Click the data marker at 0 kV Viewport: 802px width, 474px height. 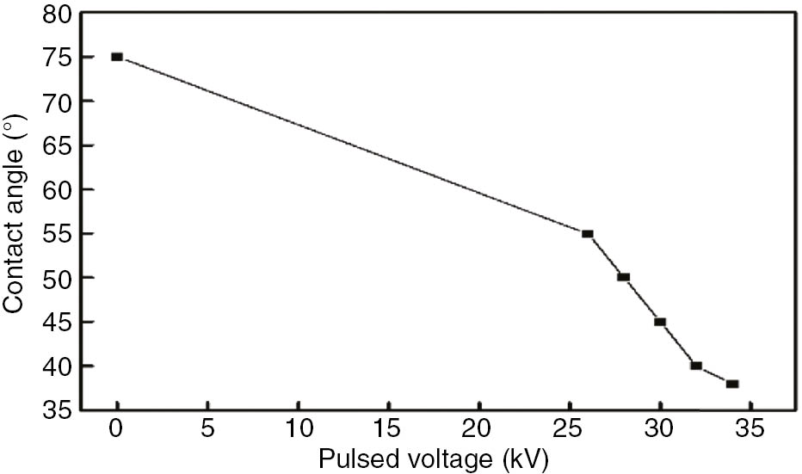pyautogui.click(x=117, y=57)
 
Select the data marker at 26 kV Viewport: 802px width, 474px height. pyautogui.click(x=588, y=233)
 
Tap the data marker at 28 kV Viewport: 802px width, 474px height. pyautogui.click(x=624, y=277)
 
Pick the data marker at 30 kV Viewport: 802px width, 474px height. pyautogui.click(x=660, y=322)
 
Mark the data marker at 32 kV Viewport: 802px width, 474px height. pyautogui.click(x=696, y=366)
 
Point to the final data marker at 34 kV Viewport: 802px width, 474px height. pyautogui.click(x=732, y=384)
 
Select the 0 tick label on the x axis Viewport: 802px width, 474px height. pyautogui.click(x=117, y=428)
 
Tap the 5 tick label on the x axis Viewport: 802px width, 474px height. pyautogui.click(x=207, y=428)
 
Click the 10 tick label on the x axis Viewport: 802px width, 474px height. pyautogui.click(x=298, y=428)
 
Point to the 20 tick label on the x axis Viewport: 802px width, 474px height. pyautogui.click(x=478, y=428)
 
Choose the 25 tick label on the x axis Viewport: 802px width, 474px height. pyautogui.click(x=570, y=428)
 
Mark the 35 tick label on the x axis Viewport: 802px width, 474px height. pyautogui.click(x=750, y=428)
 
